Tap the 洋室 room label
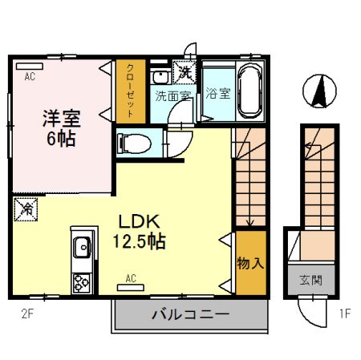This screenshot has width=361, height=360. click(x=61, y=116)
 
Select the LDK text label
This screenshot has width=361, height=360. click(x=142, y=222)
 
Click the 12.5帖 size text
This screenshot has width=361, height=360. click(x=142, y=241)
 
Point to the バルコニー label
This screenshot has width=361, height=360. click(x=191, y=314)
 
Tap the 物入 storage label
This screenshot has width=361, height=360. click(x=249, y=262)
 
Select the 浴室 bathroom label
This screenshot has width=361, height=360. click(x=217, y=93)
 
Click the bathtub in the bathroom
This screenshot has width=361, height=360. click(x=249, y=91)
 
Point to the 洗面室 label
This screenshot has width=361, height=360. click(x=172, y=96)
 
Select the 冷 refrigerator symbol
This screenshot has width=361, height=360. click(x=26, y=210)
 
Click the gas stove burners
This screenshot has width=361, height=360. click(x=82, y=281)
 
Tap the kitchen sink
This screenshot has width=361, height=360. click(x=82, y=249)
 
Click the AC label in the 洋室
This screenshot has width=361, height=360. click(x=29, y=78)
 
